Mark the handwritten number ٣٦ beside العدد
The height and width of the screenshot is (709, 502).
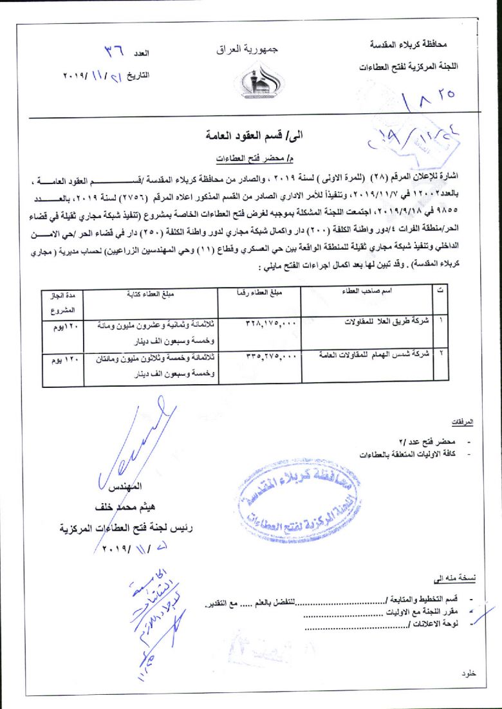coord(116,50)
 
